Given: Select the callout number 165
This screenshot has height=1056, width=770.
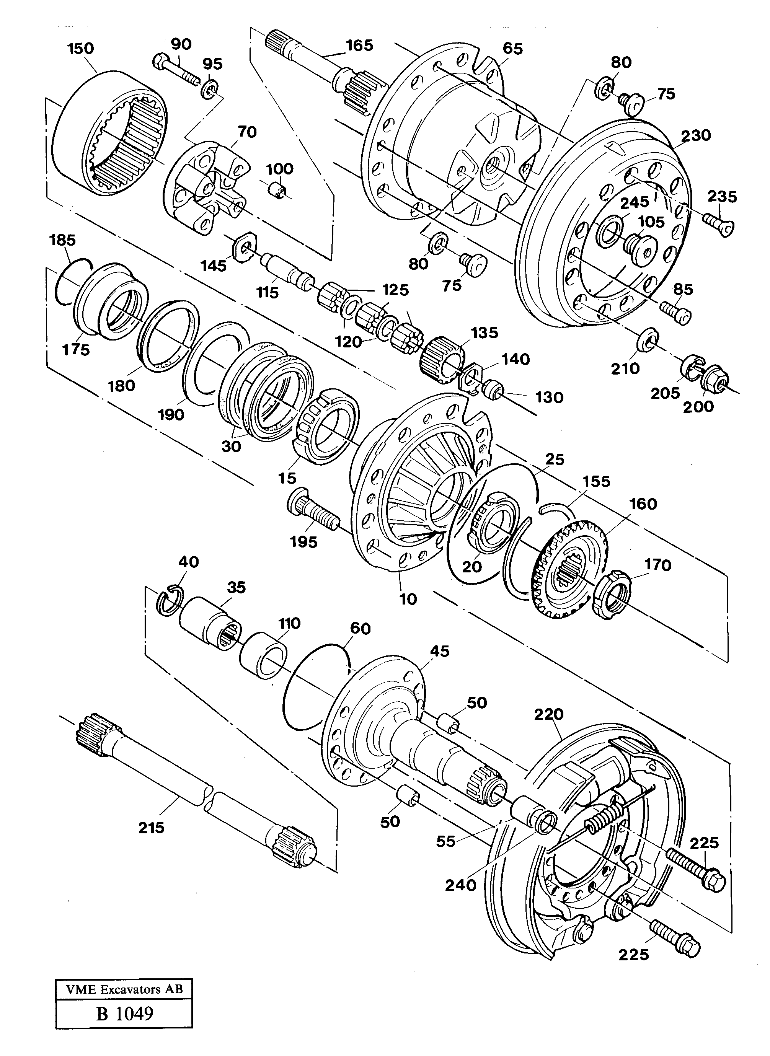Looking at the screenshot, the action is coord(359,46).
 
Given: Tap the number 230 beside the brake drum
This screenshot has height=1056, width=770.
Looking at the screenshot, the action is coord(696,135).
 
